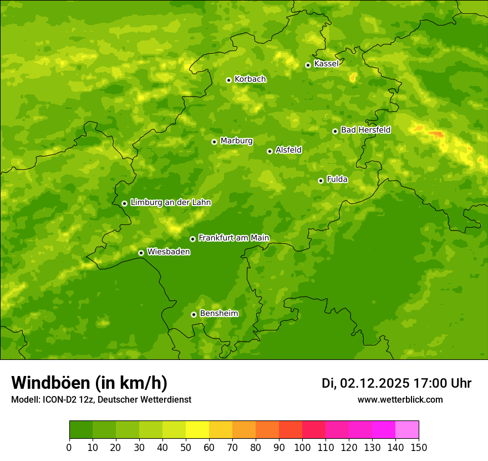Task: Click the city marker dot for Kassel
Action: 308,65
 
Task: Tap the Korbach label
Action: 250,79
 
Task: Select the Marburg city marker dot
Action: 214,142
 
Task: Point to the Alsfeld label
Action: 288,150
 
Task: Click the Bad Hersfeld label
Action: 365,131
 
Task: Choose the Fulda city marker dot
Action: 321,181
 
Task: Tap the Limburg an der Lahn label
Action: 170,203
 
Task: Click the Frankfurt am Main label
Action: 233,238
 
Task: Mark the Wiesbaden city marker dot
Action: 141,253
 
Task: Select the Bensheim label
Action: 218,314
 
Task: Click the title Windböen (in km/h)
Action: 89,383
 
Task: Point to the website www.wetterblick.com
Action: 400,400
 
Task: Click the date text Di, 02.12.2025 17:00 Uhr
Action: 396,383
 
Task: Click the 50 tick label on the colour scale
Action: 186,448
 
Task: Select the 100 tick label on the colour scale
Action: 302,448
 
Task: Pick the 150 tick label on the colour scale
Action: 419,448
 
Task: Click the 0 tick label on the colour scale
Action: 69,448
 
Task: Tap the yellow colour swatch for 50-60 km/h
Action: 197,430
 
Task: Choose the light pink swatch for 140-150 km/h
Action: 407,430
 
